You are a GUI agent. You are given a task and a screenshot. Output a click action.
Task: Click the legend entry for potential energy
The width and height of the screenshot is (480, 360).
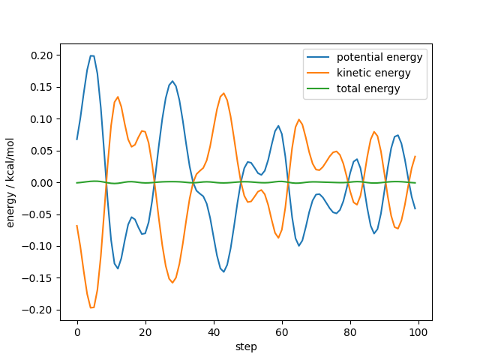pos(379,58)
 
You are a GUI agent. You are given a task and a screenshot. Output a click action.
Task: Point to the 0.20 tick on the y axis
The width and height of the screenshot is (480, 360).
pos(42,55)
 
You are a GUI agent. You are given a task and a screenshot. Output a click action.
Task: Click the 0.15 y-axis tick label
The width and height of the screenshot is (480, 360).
pos(42,87)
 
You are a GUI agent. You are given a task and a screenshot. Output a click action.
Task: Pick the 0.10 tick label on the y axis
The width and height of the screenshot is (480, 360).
pos(42,119)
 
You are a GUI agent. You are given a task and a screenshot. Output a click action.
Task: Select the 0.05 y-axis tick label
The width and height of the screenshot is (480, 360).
pos(42,151)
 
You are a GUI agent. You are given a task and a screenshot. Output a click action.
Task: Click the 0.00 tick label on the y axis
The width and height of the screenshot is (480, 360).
pos(42,183)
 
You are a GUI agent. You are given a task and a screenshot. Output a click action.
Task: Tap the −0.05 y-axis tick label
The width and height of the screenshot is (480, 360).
pos(40,214)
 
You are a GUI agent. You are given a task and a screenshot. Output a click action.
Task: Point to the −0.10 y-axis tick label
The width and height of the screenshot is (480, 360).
pos(40,247)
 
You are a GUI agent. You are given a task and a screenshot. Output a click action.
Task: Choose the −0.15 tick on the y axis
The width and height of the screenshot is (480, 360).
pos(40,278)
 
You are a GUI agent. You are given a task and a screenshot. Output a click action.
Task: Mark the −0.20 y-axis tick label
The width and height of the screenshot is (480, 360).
pos(40,310)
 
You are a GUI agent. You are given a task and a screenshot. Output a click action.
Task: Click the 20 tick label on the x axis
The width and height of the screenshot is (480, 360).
pos(145,331)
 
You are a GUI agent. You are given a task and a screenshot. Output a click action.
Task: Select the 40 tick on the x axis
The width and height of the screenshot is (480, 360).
pos(214,331)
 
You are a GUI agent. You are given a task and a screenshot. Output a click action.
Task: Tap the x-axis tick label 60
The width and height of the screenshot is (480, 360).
pos(282,331)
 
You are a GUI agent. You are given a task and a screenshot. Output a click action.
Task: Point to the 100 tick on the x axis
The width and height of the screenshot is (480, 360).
pos(418,331)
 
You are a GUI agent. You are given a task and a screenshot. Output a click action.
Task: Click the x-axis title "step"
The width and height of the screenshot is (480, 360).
pos(246,346)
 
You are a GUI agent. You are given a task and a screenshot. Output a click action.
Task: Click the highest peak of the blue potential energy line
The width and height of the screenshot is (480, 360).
pos(91,55)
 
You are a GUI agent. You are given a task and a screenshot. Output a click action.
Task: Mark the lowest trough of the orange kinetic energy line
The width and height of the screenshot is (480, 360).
pos(91,307)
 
